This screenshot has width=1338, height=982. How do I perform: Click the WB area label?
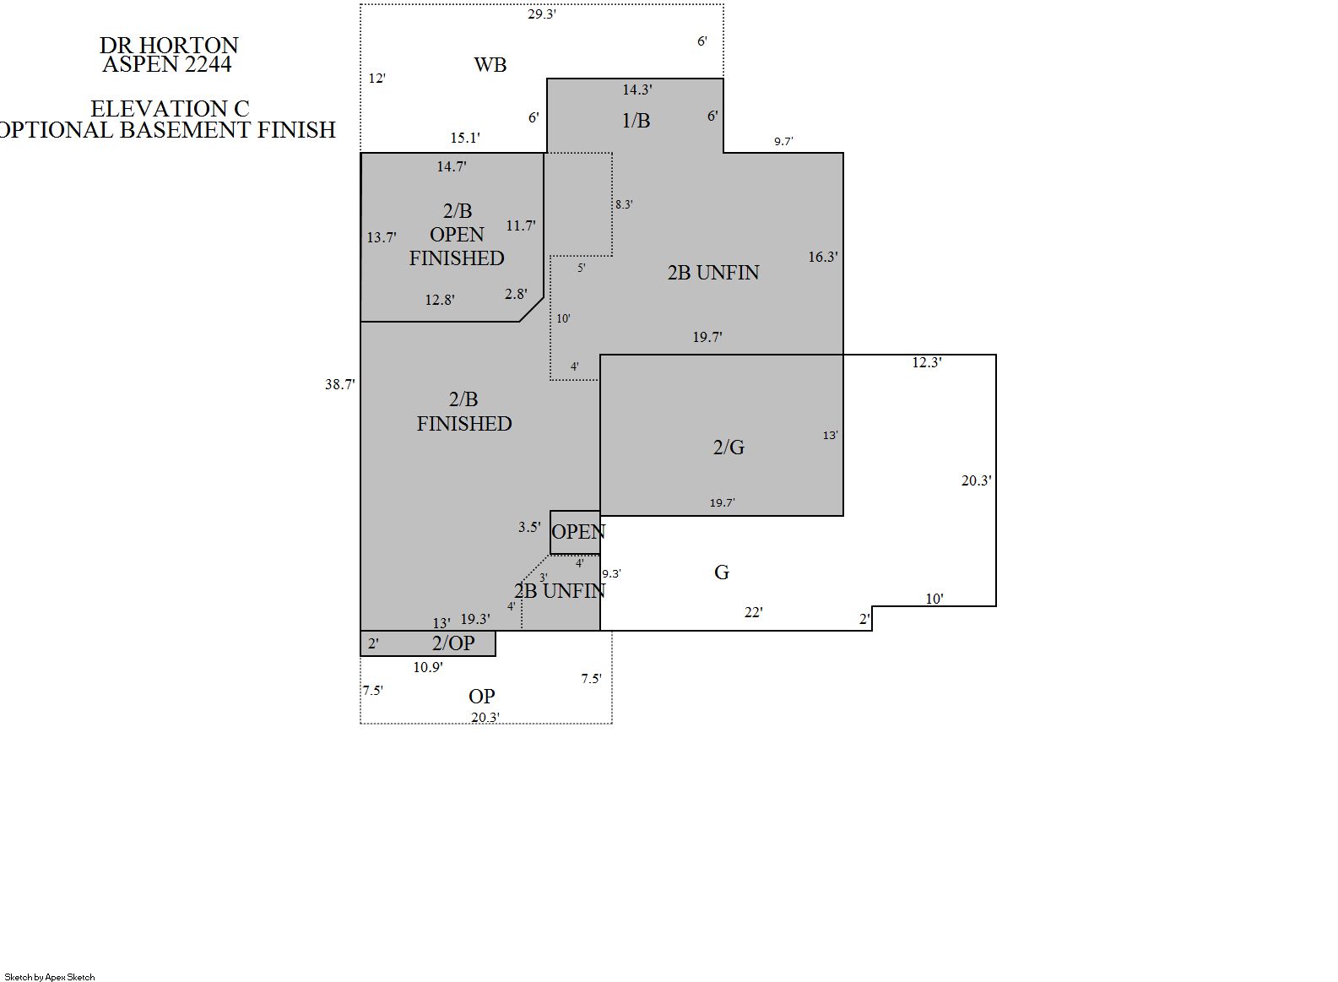point(490,64)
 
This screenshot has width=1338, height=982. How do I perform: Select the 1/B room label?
point(636,121)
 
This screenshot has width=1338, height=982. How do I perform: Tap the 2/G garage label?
point(729,447)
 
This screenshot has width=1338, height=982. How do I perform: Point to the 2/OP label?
point(453,643)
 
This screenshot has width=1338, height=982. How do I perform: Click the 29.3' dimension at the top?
point(542,14)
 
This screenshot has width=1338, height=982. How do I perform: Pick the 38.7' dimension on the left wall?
point(340,384)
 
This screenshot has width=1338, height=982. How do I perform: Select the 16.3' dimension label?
point(823,257)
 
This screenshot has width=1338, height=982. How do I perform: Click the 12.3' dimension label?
point(927,362)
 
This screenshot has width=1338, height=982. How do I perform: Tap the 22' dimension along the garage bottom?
point(754,612)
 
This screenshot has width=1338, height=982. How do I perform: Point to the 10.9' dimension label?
point(428,667)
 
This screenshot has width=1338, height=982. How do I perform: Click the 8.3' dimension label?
point(624,204)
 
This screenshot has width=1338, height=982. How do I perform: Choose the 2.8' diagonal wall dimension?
point(516,294)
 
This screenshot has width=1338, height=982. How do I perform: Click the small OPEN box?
point(575,532)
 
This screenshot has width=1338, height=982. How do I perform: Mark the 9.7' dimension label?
point(783,142)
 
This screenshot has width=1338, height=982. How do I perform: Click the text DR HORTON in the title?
point(169,46)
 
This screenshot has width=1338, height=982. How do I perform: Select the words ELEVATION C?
point(170,109)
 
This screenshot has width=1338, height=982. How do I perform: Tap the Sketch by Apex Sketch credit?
point(50,977)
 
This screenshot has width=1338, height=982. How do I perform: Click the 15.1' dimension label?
point(465,138)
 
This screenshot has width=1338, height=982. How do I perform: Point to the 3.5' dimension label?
point(529,527)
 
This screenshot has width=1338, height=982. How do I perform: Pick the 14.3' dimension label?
point(637,90)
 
